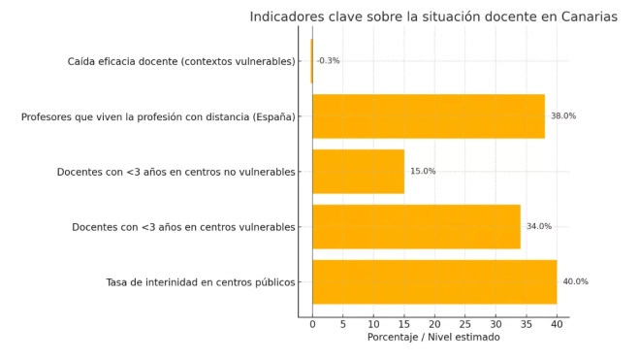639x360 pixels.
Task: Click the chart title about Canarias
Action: tap(433, 16)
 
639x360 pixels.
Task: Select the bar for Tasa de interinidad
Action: tap(433, 281)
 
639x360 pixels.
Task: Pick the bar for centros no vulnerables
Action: tap(358, 171)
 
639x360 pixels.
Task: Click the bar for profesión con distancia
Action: tap(428, 115)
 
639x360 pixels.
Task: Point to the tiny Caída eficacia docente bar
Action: tap(311, 61)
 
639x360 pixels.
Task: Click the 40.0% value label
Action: tap(575, 282)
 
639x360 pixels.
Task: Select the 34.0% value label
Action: tap(538, 227)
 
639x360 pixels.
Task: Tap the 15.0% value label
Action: tap(423, 172)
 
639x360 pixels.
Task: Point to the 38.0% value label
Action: tap(562, 116)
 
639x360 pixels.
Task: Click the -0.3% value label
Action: tap(329, 61)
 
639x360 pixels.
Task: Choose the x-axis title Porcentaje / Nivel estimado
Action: tap(433, 338)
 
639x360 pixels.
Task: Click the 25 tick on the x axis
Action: tap(464, 324)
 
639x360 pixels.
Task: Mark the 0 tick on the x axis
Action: tap(312, 324)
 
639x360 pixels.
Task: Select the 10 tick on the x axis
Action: tap(373, 324)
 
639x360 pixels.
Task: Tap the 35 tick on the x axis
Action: tap(526, 324)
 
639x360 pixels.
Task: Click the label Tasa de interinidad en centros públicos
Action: tap(201, 282)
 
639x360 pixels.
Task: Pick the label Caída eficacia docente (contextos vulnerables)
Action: tap(181, 61)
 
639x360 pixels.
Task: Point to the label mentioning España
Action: tap(158, 116)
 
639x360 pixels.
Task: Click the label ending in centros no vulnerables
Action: tap(176, 172)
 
